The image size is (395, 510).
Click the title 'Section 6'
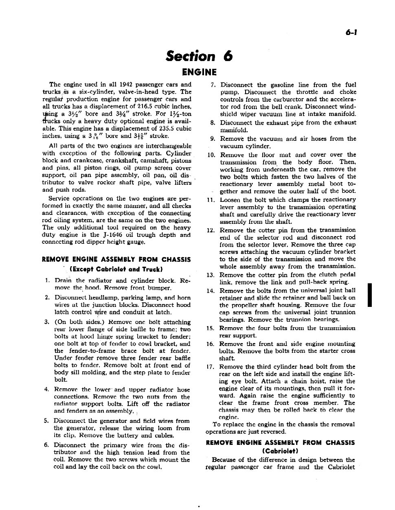coord(199,56)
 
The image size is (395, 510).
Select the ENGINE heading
coord(199,72)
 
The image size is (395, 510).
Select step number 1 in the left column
coord(47,280)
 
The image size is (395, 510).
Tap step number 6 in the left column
coord(47,445)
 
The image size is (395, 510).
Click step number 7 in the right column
coord(213,85)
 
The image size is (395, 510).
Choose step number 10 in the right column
coord(211,155)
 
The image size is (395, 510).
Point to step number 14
coord(210,291)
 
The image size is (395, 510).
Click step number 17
coord(210,367)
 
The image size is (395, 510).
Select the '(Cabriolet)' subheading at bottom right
coord(281,451)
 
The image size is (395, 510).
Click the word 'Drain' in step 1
coord(63,280)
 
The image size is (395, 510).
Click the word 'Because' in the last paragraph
coord(224,460)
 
